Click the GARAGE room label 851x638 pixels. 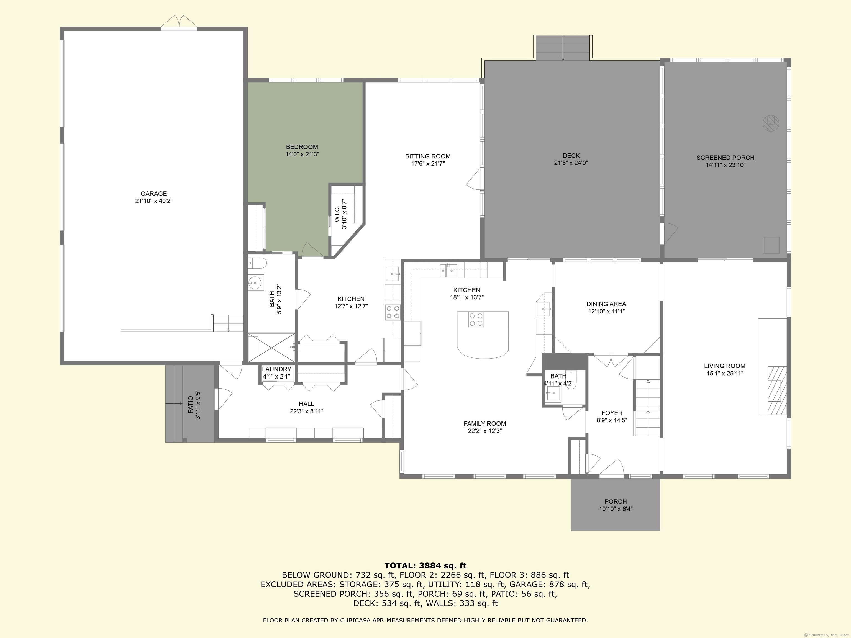click(x=153, y=194)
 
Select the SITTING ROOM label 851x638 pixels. click(x=428, y=156)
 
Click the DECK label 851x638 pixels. click(x=571, y=155)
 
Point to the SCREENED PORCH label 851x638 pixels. click(x=725, y=158)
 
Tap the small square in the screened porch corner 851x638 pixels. click(x=771, y=245)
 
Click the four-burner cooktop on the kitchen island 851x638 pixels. click(x=476, y=320)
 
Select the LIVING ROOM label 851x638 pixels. click(x=725, y=366)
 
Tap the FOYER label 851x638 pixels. click(x=612, y=413)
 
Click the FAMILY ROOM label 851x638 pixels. click(x=485, y=423)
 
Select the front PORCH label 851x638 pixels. click(x=616, y=501)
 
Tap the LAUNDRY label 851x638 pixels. click(x=277, y=369)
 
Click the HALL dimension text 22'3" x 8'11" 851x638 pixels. click(x=306, y=411)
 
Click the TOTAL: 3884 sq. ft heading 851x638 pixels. click(x=425, y=566)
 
